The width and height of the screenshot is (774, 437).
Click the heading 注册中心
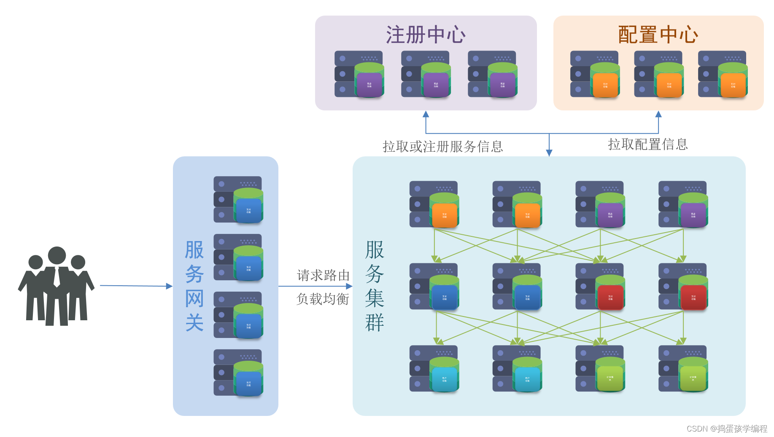coord(426,35)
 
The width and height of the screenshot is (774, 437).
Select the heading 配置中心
coord(658,35)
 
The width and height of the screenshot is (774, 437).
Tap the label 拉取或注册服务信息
coord(442,147)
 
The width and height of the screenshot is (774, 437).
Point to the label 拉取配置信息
coord(647,145)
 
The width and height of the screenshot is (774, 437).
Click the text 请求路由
coord(323,275)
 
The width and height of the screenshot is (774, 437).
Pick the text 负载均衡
coord(323,299)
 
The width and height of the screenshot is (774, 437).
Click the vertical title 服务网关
coord(194,286)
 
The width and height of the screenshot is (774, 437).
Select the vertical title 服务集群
coord(374,286)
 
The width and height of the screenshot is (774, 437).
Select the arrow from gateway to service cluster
coord(315,286)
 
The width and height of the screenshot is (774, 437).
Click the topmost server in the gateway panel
coord(238,200)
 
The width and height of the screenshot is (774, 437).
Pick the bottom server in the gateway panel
coord(238,373)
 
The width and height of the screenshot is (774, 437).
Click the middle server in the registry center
coord(426,74)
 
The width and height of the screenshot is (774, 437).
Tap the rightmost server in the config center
coord(723,74)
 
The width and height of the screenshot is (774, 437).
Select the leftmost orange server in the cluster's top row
coord(434,204)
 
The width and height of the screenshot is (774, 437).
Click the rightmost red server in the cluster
coord(683,287)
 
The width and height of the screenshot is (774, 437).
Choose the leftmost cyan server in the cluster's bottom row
coord(434,369)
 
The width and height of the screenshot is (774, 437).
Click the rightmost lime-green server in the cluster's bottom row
coord(683,369)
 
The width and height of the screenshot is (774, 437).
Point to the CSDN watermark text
coord(727,429)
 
